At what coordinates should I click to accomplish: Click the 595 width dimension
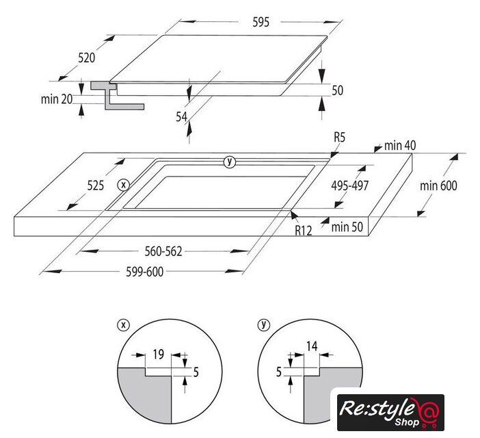261,22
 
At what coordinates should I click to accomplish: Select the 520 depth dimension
87,57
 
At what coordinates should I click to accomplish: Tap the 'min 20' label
57,99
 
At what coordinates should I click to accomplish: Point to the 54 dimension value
181,117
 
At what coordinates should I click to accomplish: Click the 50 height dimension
337,90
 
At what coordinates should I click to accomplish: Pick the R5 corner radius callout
340,138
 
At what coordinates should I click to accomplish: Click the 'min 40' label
400,146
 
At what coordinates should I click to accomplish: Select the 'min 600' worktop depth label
438,185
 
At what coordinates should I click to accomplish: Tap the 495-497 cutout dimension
350,185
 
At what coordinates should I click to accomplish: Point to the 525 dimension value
96,185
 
